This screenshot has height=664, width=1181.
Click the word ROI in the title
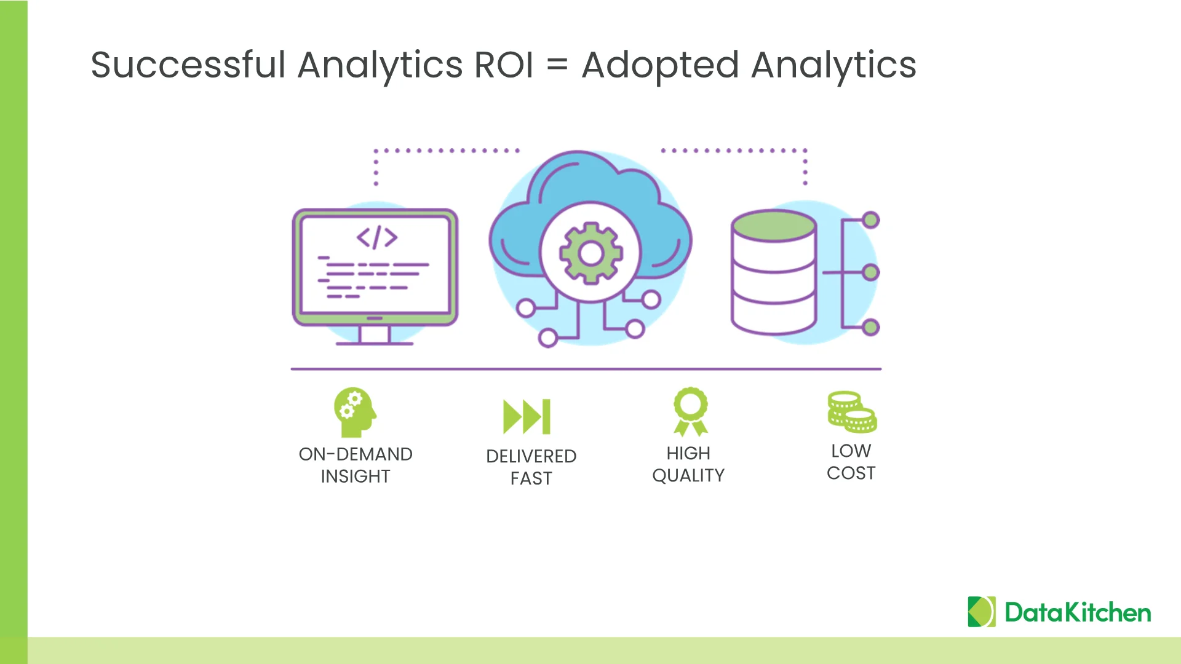[x=504, y=65]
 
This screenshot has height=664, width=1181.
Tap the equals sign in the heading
[x=557, y=66]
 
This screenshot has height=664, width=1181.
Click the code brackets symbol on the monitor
[x=377, y=237]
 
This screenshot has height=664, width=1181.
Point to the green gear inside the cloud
[x=590, y=253]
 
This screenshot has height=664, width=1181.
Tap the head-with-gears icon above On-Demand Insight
[x=354, y=411]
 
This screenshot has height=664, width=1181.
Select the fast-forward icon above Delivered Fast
[x=527, y=417]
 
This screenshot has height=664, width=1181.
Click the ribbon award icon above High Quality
[x=691, y=411]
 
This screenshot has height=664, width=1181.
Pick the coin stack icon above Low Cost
[x=852, y=412]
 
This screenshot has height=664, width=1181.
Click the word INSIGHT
[x=356, y=476]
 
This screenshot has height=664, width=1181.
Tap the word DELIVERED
[x=531, y=456]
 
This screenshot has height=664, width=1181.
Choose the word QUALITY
[x=688, y=475]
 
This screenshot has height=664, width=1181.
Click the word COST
[x=851, y=473]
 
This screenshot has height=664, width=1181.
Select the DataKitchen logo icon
[x=982, y=612]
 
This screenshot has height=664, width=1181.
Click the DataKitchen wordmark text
[x=1078, y=612]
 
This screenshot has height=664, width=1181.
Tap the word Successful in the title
[x=188, y=65]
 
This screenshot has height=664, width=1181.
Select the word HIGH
[x=688, y=453]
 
